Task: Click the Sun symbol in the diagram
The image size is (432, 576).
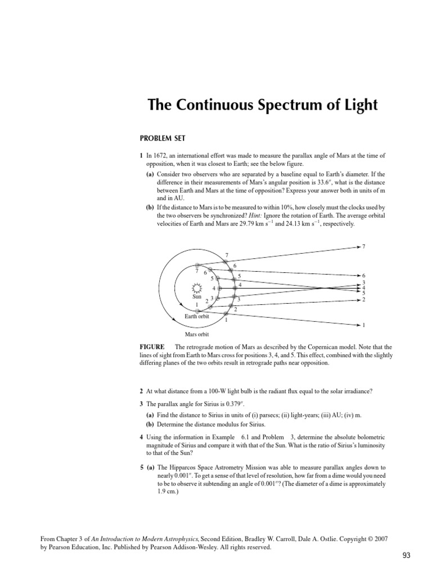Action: click(x=196, y=288)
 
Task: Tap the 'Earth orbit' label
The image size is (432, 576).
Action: click(x=196, y=316)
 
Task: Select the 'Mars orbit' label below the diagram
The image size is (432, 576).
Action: click(x=197, y=334)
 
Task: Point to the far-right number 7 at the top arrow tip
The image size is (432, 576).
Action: click(x=364, y=246)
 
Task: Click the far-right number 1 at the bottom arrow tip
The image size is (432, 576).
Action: click(x=364, y=325)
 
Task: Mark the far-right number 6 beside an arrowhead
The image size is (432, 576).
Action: click(x=364, y=276)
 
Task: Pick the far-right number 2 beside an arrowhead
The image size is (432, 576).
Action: click(x=364, y=299)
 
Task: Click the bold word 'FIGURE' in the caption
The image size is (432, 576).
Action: click(x=152, y=347)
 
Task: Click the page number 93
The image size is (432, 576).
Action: click(x=406, y=555)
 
